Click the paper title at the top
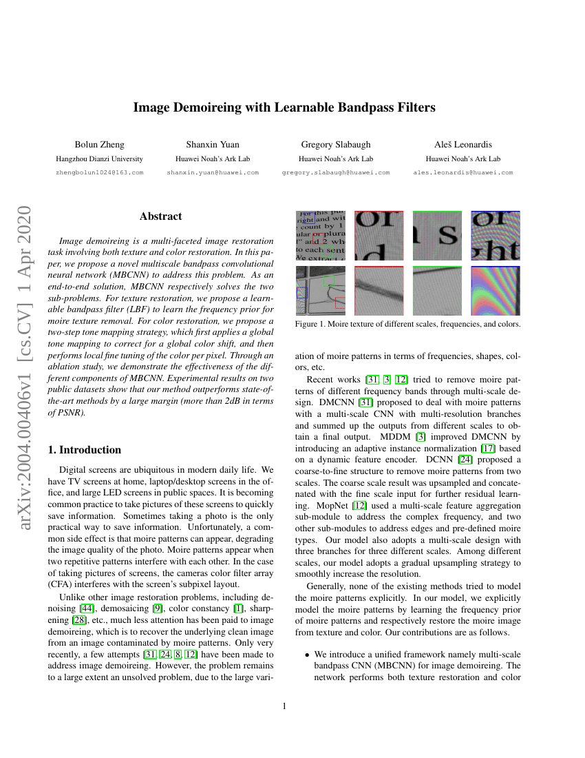coord(284,107)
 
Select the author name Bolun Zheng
coord(99,145)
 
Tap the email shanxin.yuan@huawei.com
coord(213,172)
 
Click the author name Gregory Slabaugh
coord(336,145)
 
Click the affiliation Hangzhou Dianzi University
coord(99,158)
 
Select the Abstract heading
coord(160,216)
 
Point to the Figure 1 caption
coord(407,323)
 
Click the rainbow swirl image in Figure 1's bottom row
coord(495,291)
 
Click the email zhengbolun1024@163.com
coord(99,172)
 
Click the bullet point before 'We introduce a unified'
coord(308,653)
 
